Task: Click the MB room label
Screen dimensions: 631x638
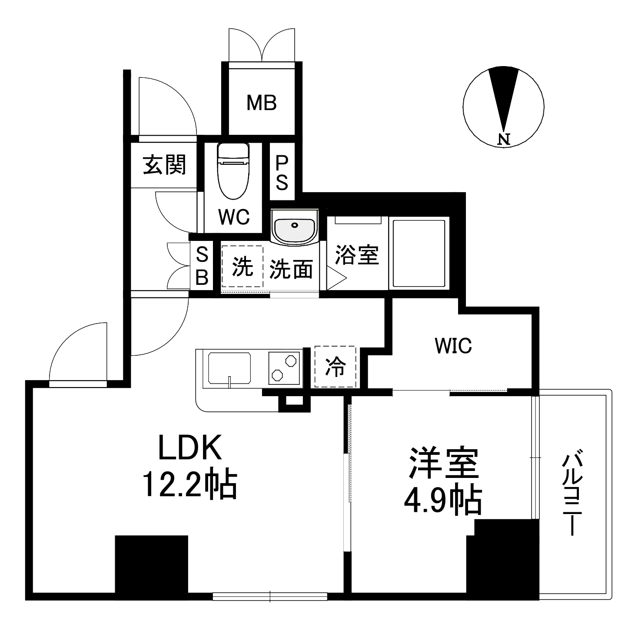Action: coord(261,103)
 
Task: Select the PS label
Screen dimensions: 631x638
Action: coord(282,173)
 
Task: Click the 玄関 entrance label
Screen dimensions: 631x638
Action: coord(165,165)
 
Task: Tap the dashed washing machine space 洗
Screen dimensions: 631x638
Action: coord(242,266)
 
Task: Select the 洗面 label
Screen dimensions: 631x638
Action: coord(291,270)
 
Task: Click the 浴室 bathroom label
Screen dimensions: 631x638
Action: coord(357,256)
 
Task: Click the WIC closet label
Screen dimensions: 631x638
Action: coord(453,346)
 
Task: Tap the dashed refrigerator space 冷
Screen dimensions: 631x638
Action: coord(336,367)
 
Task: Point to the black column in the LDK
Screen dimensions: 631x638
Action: coord(151,564)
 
